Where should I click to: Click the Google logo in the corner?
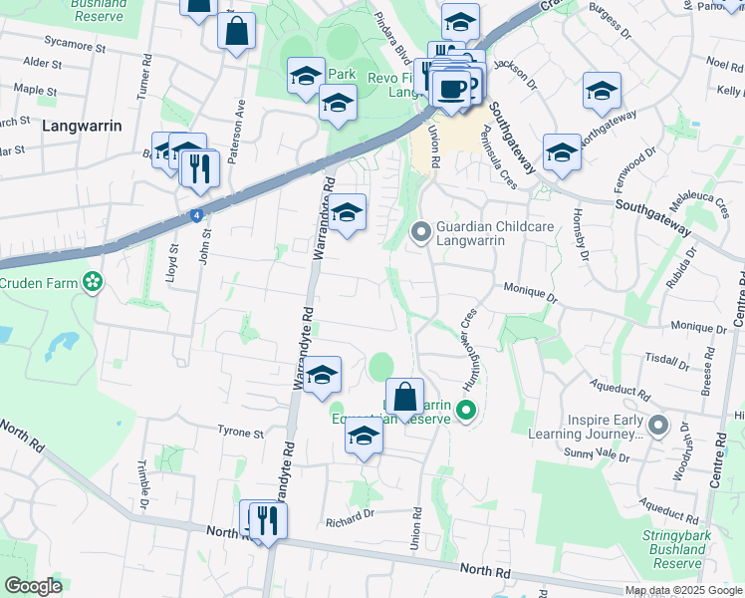point(33,586)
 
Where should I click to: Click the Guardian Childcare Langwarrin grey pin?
point(421,232)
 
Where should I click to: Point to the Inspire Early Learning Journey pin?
point(656,426)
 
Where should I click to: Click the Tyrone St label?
point(240,434)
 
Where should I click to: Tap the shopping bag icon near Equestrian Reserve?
point(404,397)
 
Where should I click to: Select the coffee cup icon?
point(451,89)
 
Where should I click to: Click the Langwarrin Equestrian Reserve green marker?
point(463,410)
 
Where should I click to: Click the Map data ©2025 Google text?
point(682,590)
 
